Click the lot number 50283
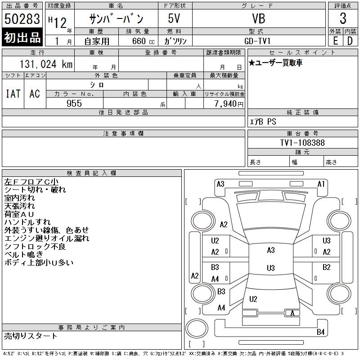22,19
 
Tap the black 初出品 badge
22,37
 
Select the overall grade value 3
343,18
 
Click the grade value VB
259,18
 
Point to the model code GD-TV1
257,41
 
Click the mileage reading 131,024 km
46,64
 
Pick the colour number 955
74,103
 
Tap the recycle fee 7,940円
229,104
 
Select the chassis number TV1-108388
302,143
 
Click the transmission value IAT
13,94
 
